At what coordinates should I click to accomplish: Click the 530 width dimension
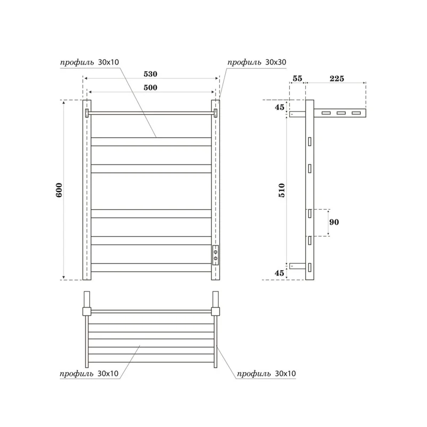(x=149, y=74)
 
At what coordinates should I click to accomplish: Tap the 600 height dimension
(x=59, y=190)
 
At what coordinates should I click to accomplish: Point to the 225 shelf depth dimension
(x=336, y=78)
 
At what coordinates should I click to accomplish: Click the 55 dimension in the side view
(x=297, y=78)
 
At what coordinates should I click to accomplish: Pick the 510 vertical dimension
(x=282, y=190)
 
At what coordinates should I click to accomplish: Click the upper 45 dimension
(x=280, y=107)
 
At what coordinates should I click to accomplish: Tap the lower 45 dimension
(x=280, y=273)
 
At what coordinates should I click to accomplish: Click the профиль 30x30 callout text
(x=257, y=62)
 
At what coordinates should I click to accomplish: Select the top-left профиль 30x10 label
(x=89, y=62)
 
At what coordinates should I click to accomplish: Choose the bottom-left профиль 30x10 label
(x=89, y=374)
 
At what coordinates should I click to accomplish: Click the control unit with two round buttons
(x=216, y=255)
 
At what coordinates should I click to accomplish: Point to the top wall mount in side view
(x=297, y=114)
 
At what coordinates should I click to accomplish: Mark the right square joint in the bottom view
(x=216, y=311)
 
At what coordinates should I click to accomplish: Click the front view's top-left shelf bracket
(x=88, y=113)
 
